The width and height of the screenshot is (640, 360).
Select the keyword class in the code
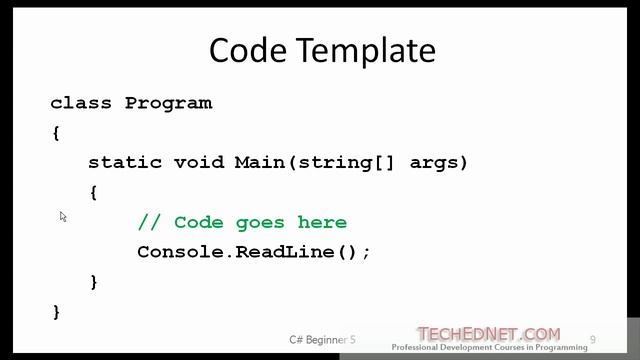[x=81, y=102]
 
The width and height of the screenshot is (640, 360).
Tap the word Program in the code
[x=168, y=102]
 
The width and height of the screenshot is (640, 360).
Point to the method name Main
[x=259, y=162]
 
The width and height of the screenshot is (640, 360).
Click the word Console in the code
[x=180, y=252]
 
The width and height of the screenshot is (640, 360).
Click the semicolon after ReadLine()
[x=367, y=253]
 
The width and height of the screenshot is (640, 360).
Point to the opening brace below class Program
[x=56, y=132]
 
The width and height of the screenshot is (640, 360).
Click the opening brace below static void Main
[x=93, y=192]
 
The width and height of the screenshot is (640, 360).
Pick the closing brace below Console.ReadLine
[x=93, y=282]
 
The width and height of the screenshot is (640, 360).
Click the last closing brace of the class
[x=56, y=312]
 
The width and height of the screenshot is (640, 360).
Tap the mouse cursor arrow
[x=63, y=216]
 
